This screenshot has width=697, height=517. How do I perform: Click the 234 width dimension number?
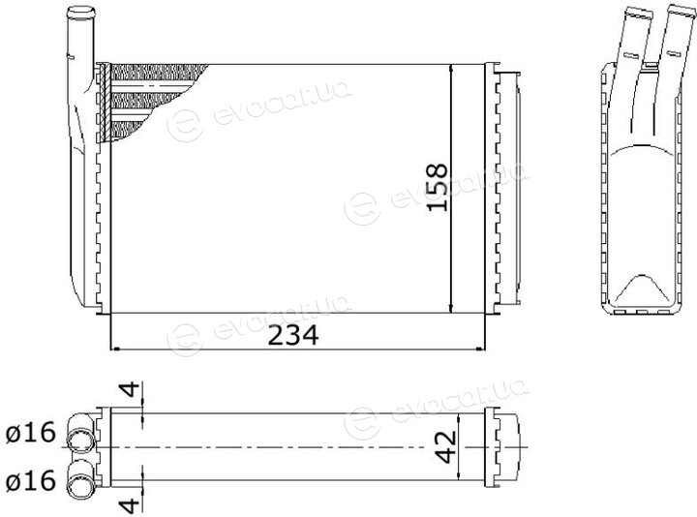coord(293,335)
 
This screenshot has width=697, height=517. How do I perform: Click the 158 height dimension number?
coord(437,187)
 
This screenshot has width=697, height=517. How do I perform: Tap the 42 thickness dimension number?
coord(445,446)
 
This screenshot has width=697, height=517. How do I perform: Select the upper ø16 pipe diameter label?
coord(31,432)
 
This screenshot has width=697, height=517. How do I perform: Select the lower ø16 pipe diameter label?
coord(31,480)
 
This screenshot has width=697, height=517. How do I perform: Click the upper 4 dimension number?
coord(130,389)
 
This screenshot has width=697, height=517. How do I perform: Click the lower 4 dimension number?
coord(130,505)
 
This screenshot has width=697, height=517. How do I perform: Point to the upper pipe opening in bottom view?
coord(80,440)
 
